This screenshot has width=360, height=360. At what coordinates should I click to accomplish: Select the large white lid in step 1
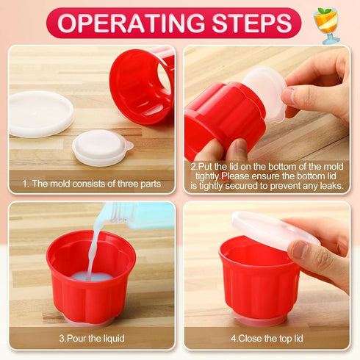[x=41, y=114]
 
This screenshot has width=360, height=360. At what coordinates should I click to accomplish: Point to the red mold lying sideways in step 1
[x=141, y=84]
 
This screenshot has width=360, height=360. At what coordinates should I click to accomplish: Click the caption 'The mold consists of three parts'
[x=92, y=184]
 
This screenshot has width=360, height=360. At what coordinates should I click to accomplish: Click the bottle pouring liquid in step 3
[x=140, y=214]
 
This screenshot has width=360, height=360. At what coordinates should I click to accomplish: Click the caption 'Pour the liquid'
[x=92, y=339]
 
